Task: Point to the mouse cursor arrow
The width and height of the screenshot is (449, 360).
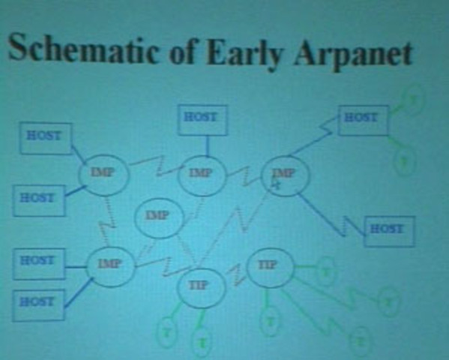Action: [276, 182]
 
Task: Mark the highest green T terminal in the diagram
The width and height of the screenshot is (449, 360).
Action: [412, 98]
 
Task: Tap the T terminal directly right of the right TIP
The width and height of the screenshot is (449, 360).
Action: [324, 271]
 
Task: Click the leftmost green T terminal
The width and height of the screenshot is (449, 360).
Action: [166, 331]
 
